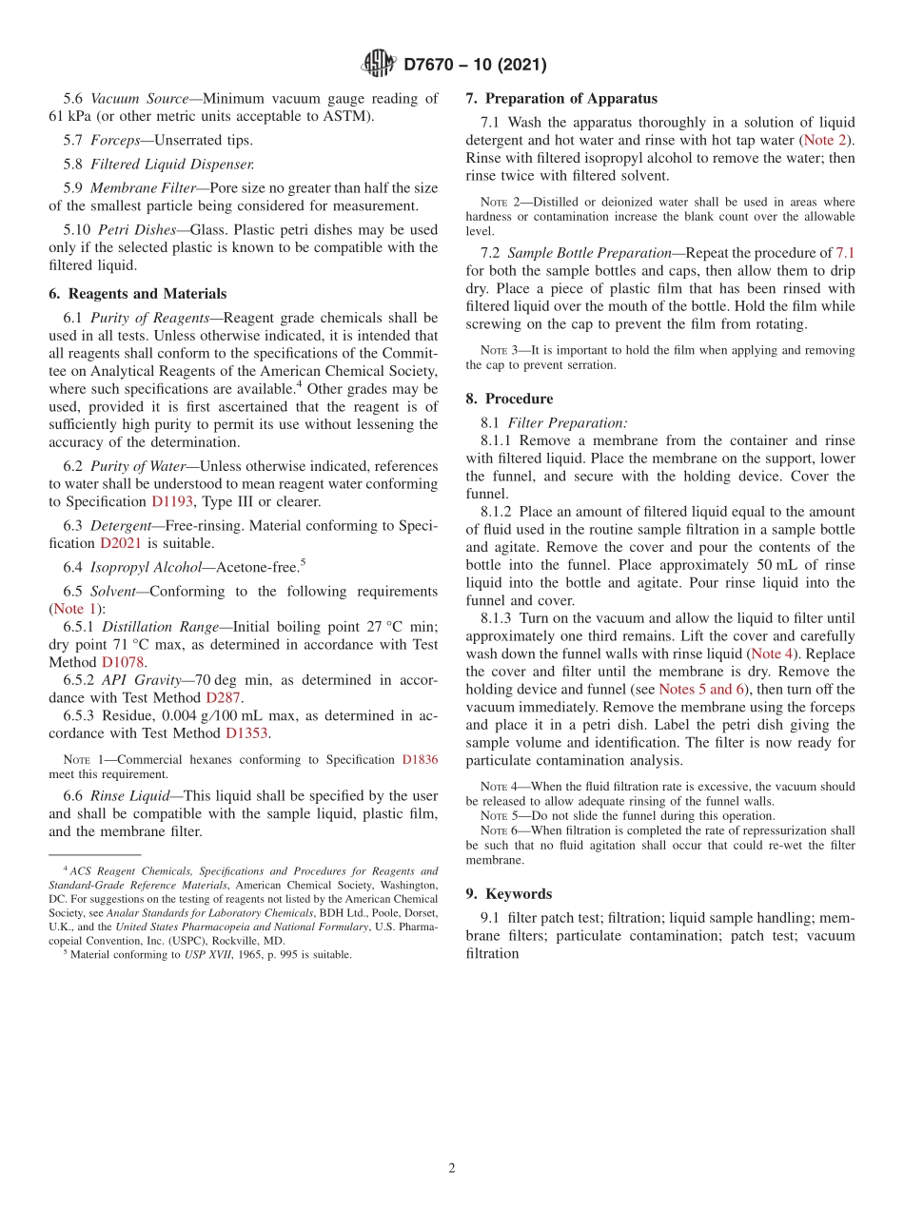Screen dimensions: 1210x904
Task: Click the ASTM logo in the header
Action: pos(378,64)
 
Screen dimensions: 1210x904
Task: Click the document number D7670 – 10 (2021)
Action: pos(475,65)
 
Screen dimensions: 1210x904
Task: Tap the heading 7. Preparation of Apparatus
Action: pos(561,98)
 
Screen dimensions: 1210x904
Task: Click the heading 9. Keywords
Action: pos(509,893)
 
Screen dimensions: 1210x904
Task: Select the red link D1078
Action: pos(123,661)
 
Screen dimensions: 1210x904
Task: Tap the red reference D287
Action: pos(224,697)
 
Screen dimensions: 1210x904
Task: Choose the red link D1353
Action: pos(246,733)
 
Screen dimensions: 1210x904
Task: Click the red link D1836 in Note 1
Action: pos(420,760)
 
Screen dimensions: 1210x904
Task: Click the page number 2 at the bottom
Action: pos(452,1169)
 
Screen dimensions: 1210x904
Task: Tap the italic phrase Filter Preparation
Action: pos(567,422)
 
